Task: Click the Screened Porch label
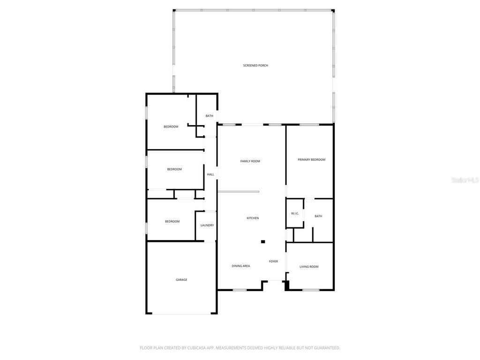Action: [255, 65]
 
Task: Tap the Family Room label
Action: [250, 161]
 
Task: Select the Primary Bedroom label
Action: [311, 160]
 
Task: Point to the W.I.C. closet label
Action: [295, 214]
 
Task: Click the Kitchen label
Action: [253, 218]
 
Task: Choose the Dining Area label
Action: [240, 266]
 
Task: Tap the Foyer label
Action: [273, 261]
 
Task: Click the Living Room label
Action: [309, 267]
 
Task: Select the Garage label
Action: [181, 280]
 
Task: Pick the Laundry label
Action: [207, 225]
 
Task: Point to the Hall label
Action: [210, 174]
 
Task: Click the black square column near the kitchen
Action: [263, 242]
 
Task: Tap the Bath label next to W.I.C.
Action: [318, 216]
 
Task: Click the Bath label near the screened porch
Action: [209, 116]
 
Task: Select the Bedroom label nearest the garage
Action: [172, 221]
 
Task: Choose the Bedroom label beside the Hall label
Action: [174, 169]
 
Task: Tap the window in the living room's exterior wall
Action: [310, 290]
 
